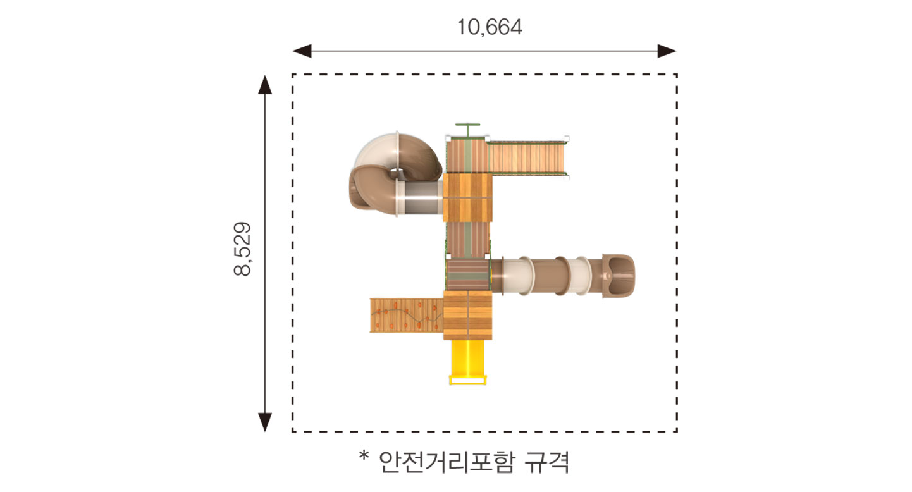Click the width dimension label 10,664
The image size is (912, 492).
(490, 27)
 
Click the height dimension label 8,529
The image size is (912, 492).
(242, 249)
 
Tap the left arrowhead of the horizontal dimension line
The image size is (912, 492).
(302, 51)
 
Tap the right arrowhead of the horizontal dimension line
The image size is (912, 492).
(667, 51)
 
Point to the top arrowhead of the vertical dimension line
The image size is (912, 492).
(265, 85)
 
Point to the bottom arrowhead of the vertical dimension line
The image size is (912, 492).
(265, 422)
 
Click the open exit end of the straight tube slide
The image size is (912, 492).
(619, 276)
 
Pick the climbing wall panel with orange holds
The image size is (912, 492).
(406, 316)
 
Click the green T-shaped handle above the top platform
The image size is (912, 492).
(468, 130)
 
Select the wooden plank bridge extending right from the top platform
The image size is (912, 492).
(527, 157)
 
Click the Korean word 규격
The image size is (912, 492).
(546, 462)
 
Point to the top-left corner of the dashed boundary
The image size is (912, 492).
(293, 75)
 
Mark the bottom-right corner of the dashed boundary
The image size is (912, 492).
(677, 431)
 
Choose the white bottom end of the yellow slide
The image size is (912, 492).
(468, 381)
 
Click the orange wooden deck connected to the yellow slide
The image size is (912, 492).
(468, 316)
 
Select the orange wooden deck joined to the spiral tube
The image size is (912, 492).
(468, 198)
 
